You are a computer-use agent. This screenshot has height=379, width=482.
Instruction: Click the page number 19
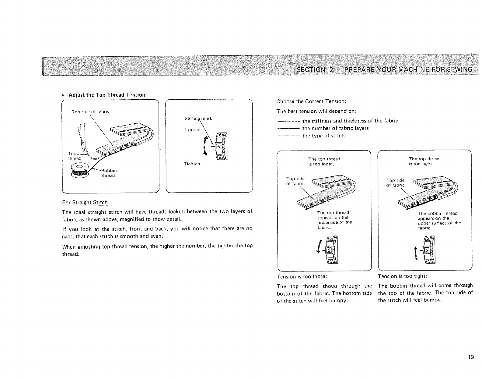click(x=471, y=357)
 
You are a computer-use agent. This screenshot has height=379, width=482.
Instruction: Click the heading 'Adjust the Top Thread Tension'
click(x=107, y=95)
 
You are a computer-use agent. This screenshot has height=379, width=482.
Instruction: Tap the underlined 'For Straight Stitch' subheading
click(x=85, y=203)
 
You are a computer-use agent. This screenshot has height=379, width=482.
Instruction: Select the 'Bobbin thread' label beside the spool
click(x=109, y=173)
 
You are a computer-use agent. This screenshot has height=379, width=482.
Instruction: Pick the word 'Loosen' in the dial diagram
click(x=193, y=129)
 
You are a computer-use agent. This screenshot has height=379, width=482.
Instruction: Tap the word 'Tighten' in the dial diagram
click(x=192, y=164)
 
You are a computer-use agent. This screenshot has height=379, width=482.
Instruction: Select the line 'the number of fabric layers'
click(x=335, y=128)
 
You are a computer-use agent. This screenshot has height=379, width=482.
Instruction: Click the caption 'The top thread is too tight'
click(x=424, y=161)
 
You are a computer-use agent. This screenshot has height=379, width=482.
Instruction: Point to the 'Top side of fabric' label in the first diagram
click(x=90, y=112)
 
